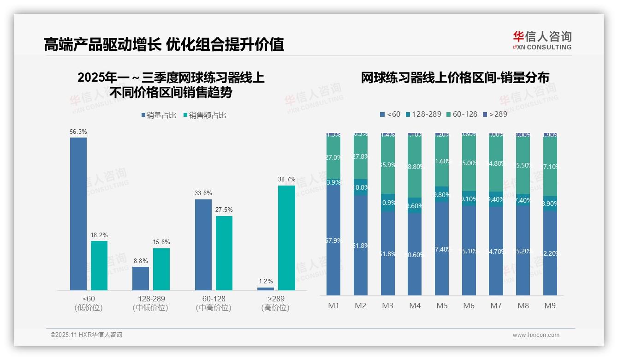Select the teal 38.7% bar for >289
pyautogui.click(x=286, y=238)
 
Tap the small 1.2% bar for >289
pyautogui.click(x=265, y=288)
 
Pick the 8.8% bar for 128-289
pyautogui.click(x=141, y=278)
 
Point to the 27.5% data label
pyautogui.click(x=224, y=210)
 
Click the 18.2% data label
pyautogui.click(x=99, y=235)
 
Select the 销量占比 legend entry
pyautogui.click(x=158, y=115)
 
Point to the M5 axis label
pyautogui.click(x=442, y=306)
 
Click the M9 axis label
pyautogui.click(x=550, y=306)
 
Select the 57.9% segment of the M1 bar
pyautogui.click(x=333, y=240)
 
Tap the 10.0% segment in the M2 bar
pyautogui.click(x=361, y=187)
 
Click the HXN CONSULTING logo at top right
pyautogui.click(x=542, y=41)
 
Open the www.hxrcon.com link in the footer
pyautogui.click(x=536, y=335)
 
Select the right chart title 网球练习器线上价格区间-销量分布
pyautogui.click(x=455, y=78)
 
